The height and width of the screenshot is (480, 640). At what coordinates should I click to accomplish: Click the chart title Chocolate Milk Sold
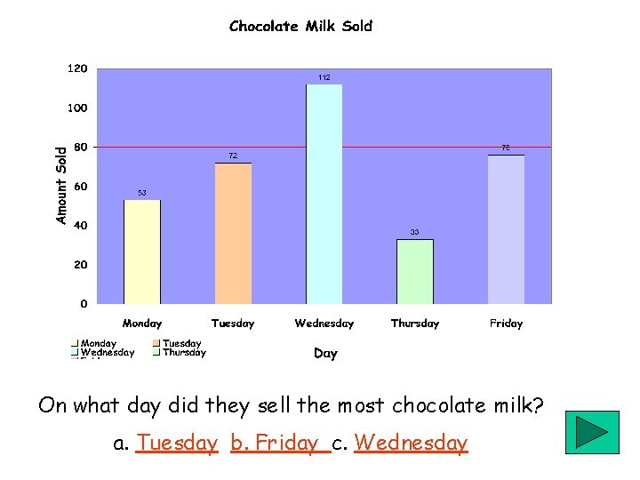point(300,27)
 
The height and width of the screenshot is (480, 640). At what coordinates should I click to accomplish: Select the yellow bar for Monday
point(142,252)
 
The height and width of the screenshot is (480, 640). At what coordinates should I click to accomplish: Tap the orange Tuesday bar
point(233,233)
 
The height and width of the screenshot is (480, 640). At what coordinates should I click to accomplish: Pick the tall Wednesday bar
point(324,194)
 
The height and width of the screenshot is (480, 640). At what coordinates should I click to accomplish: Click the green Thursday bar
point(415,271)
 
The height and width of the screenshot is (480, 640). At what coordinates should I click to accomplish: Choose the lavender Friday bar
point(506,229)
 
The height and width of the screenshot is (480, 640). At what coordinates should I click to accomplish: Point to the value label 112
point(324,78)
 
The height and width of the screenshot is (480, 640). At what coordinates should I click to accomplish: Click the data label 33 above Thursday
point(415,232)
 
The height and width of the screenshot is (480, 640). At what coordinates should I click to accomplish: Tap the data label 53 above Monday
point(141,193)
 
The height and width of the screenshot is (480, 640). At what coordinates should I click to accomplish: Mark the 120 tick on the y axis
point(78,68)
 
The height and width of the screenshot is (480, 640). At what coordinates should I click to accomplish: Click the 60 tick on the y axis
point(80,187)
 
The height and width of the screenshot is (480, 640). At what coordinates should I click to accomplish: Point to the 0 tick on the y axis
point(84,304)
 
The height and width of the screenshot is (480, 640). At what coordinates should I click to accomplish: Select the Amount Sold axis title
point(61,186)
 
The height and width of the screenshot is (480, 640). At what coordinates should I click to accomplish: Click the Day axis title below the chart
point(325,354)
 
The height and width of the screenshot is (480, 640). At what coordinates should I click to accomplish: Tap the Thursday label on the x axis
point(415,324)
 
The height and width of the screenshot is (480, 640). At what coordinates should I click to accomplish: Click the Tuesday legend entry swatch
point(157,343)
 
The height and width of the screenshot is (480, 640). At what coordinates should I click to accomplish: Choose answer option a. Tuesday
point(178,443)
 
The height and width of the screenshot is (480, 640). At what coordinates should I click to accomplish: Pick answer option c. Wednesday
point(411,443)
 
